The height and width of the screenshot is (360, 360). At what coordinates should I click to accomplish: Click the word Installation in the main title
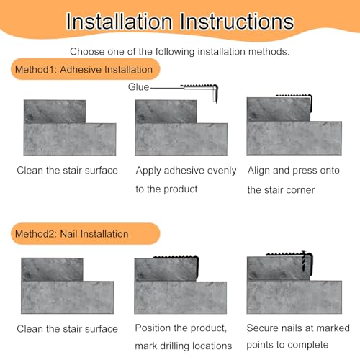(x=120, y=22)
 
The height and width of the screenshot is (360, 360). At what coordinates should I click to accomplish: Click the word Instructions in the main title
(x=237, y=22)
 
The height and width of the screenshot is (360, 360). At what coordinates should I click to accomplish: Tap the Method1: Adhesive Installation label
(x=84, y=70)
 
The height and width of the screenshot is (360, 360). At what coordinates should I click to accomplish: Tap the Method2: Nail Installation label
(x=72, y=234)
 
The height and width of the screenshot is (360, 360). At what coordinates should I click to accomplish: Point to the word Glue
(x=138, y=87)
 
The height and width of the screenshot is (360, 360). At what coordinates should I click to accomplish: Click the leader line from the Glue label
(x=167, y=88)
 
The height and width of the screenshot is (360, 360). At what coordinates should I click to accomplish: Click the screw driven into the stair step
(x=304, y=261)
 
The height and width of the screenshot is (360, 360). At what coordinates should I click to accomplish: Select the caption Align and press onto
(x=294, y=171)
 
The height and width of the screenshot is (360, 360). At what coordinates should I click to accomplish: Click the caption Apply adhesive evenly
(x=186, y=171)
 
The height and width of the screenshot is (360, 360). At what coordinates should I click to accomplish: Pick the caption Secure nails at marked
(x=298, y=328)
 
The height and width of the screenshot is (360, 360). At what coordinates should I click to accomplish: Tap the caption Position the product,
(x=181, y=328)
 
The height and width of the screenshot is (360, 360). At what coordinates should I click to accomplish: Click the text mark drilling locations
(x=184, y=346)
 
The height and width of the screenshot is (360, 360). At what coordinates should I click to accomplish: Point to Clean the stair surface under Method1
(x=67, y=171)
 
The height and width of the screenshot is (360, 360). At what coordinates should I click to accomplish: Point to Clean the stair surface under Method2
(x=67, y=329)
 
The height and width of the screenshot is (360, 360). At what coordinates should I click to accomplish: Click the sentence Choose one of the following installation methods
(x=180, y=52)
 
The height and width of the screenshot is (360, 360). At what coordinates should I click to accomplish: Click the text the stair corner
(x=281, y=190)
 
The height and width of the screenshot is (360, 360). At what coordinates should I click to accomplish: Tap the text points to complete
(x=287, y=345)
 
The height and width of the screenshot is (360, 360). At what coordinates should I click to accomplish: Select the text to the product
(x=166, y=189)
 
